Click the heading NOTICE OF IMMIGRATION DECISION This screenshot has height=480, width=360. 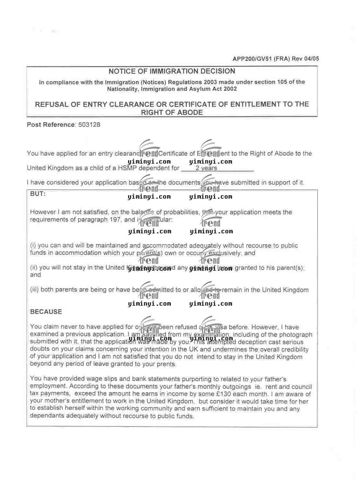coord(172,71)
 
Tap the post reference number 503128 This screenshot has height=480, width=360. coord(89,125)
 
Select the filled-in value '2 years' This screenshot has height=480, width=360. coord(206,168)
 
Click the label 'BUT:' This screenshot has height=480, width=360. coord(38,194)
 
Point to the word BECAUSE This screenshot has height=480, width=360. coord(46,312)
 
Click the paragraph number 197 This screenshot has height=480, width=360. coord(115,220)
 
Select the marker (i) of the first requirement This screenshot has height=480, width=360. coord(33,246)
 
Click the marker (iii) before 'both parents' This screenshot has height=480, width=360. coord(34,290)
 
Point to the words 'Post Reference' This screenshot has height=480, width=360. coord(51,125)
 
